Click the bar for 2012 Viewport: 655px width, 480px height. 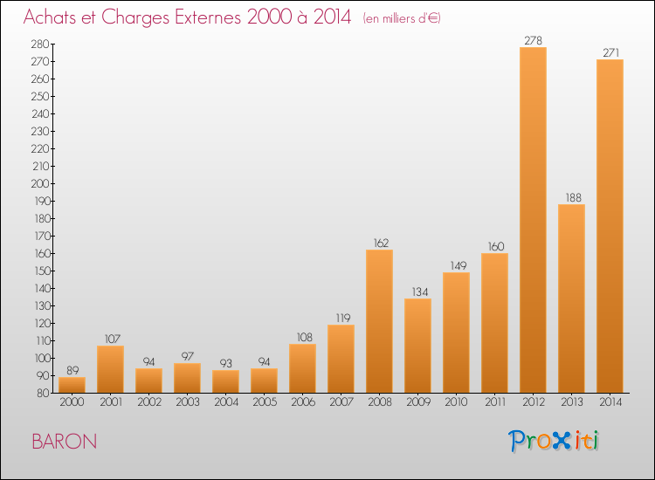click(x=533, y=220)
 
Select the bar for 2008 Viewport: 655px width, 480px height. click(x=379, y=321)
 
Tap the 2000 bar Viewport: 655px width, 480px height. click(x=72, y=385)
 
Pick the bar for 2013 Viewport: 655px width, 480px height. click(x=571, y=298)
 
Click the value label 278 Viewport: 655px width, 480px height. click(x=533, y=40)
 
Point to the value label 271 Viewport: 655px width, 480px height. click(x=610, y=52)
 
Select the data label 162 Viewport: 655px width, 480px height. click(x=380, y=243)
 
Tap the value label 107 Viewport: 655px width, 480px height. click(x=112, y=339)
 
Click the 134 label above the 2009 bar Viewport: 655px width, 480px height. click(x=419, y=291)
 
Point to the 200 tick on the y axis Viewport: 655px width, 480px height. click(x=40, y=183)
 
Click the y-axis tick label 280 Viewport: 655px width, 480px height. click(x=40, y=45)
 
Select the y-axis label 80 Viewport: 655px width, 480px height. click(x=43, y=394)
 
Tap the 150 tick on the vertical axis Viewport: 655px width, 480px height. click(x=41, y=271)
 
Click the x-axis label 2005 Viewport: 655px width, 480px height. click(x=265, y=402)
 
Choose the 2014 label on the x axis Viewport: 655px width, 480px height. click(x=610, y=402)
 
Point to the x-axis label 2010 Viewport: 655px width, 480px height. click(x=456, y=402)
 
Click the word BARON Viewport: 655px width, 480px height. click(x=65, y=442)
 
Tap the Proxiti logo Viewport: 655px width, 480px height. click(x=553, y=441)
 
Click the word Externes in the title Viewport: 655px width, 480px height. click(x=208, y=17)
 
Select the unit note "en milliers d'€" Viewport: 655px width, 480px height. click(x=402, y=19)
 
